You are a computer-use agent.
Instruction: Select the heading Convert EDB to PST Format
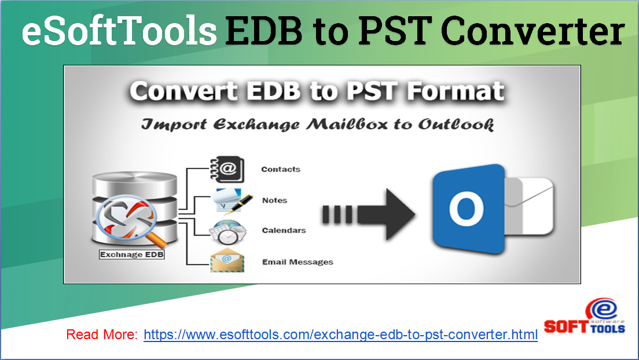point(317,93)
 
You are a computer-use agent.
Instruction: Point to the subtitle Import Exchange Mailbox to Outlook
point(317,124)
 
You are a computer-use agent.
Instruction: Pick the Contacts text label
point(281,170)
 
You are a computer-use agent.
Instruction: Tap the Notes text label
point(274,200)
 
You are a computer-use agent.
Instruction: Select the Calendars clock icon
point(227,231)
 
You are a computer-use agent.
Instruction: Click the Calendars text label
point(284,230)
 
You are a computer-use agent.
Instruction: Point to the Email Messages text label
point(298,262)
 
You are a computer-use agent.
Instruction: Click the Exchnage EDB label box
point(132,254)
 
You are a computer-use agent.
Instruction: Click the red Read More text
point(102,335)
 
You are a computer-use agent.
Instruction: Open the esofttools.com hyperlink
point(340,335)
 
